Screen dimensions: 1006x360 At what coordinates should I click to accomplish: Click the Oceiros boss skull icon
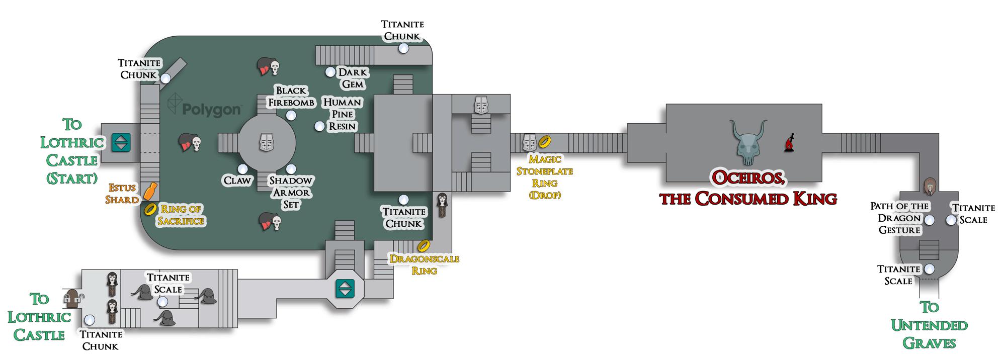748,142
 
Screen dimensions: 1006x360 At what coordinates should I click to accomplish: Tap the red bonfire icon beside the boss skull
790,143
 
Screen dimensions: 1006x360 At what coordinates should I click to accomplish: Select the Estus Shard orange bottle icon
150,191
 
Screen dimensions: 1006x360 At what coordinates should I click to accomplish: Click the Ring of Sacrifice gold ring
150,209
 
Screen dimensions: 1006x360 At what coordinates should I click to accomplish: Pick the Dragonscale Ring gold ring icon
424,245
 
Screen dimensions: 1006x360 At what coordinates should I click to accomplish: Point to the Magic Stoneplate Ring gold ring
545,142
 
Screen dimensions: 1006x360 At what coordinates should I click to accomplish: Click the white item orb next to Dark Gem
330,72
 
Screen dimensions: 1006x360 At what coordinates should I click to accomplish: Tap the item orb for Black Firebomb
291,115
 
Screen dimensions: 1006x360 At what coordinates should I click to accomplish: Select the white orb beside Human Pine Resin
319,126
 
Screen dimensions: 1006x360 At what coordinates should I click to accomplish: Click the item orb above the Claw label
242,169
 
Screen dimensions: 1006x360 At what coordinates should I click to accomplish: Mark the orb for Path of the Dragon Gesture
930,220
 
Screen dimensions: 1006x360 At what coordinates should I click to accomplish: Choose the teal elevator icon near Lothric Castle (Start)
121,142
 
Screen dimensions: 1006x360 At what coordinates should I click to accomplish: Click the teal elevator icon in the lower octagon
345,289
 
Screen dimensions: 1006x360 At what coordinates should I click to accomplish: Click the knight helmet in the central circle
267,142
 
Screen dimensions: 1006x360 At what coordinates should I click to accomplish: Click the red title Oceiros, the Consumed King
748,188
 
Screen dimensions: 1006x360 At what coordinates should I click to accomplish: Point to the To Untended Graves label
929,325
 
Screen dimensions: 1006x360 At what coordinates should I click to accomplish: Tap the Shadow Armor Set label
291,193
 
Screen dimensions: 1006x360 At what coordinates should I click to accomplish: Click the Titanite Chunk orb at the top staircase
403,48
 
